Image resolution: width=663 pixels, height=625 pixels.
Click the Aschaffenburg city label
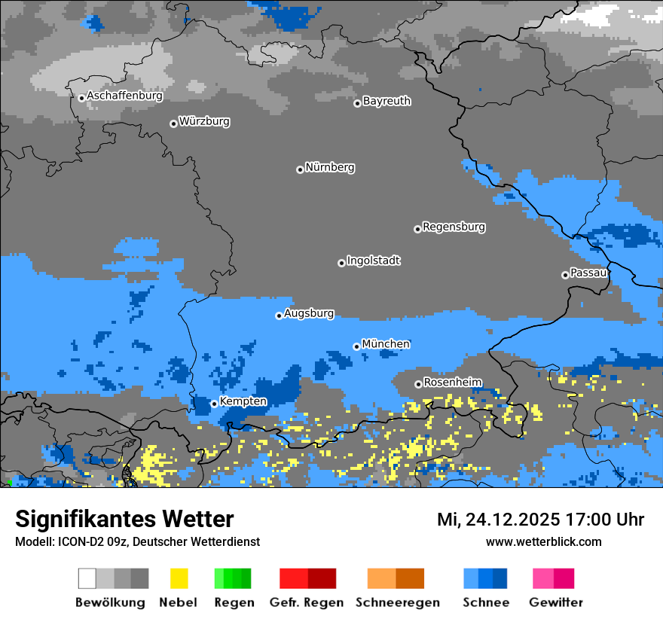pos(124,96)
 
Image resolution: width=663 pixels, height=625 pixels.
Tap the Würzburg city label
pos(204,122)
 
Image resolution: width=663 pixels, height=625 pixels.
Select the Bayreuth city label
pos(386,102)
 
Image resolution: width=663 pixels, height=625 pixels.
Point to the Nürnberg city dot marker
pos(300,169)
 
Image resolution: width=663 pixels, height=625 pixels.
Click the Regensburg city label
pos(454,227)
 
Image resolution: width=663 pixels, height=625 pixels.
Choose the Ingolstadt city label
pos(373,261)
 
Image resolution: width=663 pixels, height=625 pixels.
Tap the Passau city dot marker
pos(565,275)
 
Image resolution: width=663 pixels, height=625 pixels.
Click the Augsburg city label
pos(308,314)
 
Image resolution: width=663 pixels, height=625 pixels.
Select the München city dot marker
pos(356,346)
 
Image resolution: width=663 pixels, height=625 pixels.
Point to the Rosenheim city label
pos(452,383)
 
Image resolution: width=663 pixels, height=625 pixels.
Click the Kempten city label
pos(243,402)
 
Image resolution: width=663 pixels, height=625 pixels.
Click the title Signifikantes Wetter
pos(124,519)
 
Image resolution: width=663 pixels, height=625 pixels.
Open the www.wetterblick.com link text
pos(543,541)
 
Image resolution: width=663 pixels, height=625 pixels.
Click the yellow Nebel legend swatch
pos(179,578)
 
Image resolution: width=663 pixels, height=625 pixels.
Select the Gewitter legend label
pos(555,602)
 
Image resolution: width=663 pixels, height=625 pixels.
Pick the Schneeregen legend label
pos(397,602)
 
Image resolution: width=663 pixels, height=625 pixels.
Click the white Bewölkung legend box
pos(87,578)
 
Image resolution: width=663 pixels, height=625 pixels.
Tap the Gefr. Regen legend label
pos(306,602)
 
